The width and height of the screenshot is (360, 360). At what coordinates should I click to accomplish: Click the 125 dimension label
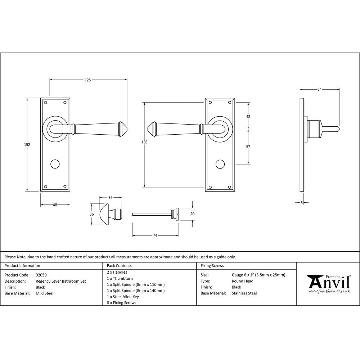(88, 80)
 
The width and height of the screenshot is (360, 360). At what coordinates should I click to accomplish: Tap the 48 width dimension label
(55, 205)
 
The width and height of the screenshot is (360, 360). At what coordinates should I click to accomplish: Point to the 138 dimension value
(144, 142)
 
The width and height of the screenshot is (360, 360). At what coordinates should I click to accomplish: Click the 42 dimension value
(248, 116)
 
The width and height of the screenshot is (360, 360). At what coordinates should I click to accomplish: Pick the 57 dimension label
(248, 147)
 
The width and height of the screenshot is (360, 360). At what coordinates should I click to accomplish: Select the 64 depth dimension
(319, 90)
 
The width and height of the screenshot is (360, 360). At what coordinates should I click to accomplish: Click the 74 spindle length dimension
(155, 235)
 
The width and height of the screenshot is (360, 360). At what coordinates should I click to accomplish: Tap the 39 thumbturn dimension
(111, 197)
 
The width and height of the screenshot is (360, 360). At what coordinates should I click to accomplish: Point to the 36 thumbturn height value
(92, 214)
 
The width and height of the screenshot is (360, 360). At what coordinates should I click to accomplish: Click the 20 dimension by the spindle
(192, 213)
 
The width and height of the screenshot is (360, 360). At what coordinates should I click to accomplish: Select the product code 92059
(41, 275)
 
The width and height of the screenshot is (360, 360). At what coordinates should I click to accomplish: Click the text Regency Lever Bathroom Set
(60, 281)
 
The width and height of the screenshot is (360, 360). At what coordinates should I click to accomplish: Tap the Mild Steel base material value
(44, 293)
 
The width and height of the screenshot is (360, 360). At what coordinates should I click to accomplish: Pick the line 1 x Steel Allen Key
(123, 297)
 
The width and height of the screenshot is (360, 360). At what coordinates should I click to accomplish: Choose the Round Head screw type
(242, 281)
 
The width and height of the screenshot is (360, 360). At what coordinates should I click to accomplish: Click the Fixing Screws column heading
(212, 266)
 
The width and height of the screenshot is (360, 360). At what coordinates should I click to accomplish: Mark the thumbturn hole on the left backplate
(55, 164)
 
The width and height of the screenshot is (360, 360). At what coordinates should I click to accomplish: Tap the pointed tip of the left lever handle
(127, 127)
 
